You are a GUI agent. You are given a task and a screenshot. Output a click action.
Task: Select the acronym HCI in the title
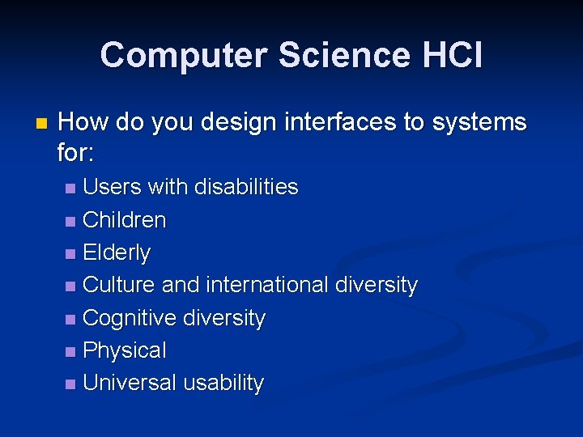pos(451,56)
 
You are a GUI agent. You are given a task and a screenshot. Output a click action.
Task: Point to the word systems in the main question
pos(479,123)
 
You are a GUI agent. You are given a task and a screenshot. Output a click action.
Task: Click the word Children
pos(124,220)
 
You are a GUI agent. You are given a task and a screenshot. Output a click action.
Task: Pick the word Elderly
pos(117,252)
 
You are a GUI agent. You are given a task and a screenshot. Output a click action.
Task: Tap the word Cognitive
pos(130,318)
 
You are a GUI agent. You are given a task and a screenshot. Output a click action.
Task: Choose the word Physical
pos(124,350)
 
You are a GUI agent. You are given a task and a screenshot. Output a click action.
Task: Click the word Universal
pos(130,383)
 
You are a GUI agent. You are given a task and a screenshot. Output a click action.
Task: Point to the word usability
pos(223,383)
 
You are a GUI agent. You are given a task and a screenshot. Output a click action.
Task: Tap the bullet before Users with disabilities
pos(71,189)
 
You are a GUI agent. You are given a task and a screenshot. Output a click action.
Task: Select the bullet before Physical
pos(71,352)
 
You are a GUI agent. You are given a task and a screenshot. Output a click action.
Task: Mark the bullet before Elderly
pos(71,254)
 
